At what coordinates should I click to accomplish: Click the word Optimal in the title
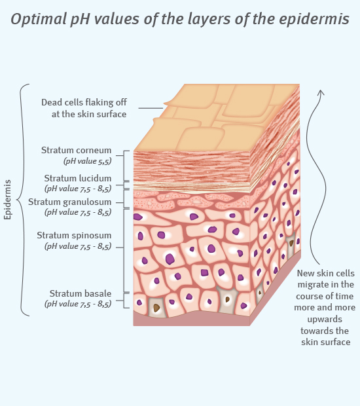point(39,19)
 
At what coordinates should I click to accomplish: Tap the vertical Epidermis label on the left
point(7,200)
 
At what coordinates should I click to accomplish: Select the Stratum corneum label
point(77,150)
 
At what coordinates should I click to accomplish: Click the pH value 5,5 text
point(88,161)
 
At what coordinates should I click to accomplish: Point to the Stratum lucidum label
point(78,178)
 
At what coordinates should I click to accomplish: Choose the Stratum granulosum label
point(70,202)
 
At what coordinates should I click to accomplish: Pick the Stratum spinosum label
point(74,235)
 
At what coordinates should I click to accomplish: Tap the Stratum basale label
point(81,293)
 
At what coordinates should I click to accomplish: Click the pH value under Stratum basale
point(78,304)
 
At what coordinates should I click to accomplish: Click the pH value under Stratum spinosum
point(78,246)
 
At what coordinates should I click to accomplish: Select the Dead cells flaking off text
point(84,102)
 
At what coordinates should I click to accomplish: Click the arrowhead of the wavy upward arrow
point(321,92)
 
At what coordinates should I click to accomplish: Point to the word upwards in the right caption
point(325,319)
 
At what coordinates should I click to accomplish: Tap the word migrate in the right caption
point(312,285)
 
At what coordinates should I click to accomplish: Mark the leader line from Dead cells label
point(151,108)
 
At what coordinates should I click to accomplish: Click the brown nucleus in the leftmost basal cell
point(156,308)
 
